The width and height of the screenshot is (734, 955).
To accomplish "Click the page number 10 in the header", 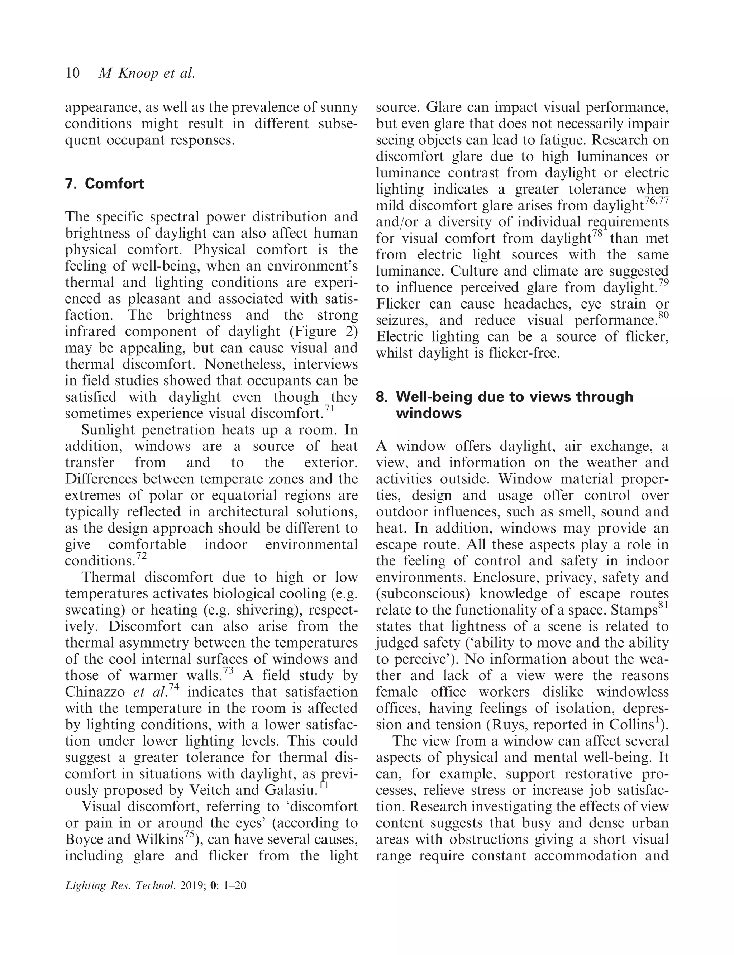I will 72,73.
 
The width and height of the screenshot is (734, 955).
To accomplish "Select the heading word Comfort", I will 114,184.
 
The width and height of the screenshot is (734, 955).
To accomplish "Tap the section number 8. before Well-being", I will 382,397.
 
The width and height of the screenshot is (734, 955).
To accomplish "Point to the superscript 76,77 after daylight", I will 657,201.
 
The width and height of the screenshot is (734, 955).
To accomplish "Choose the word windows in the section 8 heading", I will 429,413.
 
